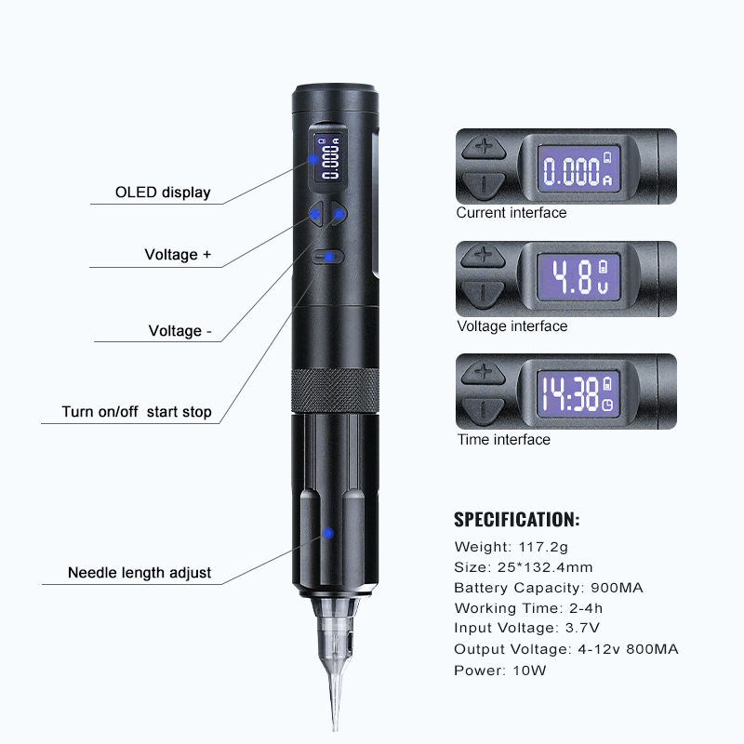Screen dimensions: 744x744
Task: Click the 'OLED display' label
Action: pyautogui.click(x=163, y=193)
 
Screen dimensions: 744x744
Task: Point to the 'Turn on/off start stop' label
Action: pyautogui.click(x=137, y=412)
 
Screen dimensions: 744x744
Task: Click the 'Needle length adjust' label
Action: pyautogui.click(x=139, y=573)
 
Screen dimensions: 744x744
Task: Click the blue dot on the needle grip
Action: pyautogui.click(x=327, y=534)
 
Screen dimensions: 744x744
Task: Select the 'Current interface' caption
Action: pyautogui.click(x=511, y=213)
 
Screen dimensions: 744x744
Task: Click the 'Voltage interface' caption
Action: pyautogui.click(x=511, y=326)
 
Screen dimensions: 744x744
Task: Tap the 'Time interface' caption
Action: pyautogui.click(x=503, y=440)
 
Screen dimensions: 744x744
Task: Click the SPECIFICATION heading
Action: pyautogui.click(x=516, y=519)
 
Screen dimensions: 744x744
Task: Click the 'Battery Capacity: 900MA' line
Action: pyautogui.click(x=549, y=588)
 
